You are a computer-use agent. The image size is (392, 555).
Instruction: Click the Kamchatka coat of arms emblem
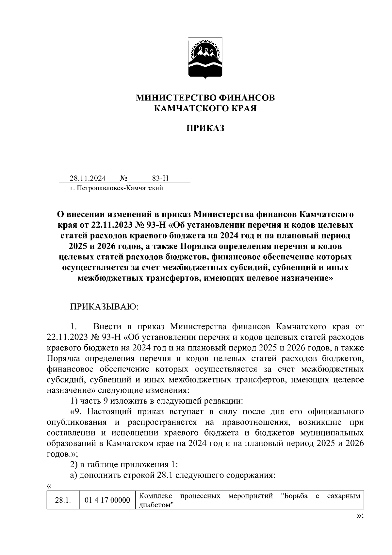[205, 58]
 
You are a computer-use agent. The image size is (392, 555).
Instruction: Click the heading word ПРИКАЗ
[205, 128]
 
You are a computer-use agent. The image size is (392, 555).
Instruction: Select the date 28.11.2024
[88, 178]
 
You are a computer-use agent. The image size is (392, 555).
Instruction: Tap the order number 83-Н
[160, 178]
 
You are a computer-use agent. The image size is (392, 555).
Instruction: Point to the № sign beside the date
[123, 178]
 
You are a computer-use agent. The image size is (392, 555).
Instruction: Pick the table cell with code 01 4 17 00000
[107, 500]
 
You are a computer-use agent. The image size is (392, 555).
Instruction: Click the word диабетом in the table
[155, 505]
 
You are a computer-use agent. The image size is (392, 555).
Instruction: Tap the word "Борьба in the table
[294, 496]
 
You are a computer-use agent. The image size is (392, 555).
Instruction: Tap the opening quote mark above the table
[49, 486]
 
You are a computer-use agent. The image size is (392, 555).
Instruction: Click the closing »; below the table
[360, 516]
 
